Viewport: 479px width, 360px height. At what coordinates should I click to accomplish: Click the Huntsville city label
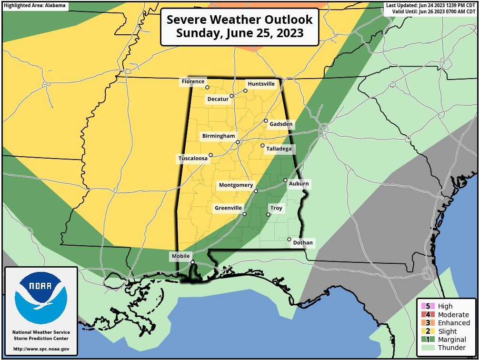pyautogui.click(x=261, y=84)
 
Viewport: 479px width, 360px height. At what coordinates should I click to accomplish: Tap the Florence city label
pyautogui.click(x=192, y=82)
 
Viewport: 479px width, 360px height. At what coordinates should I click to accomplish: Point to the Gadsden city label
pyautogui.click(x=281, y=125)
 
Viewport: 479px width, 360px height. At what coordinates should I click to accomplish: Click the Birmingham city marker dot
pyautogui.click(x=238, y=142)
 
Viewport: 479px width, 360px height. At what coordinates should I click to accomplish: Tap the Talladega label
pyautogui.click(x=279, y=149)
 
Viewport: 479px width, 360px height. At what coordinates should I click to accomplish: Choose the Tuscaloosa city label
pyautogui.click(x=193, y=159)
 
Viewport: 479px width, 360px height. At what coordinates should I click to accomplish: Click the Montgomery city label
pyautogui.click(x=236, y=185)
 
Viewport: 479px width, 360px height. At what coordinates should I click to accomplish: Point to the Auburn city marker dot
pyautogui.click(x=286, y=180)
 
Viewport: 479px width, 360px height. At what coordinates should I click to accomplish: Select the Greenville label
pyautogui.click(x=228, y=209)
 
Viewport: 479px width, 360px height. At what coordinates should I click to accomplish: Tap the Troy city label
pyautogui.click(x=276, y=209)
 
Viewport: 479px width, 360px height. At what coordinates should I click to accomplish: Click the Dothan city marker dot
pyautogui.click(x=289, y=239)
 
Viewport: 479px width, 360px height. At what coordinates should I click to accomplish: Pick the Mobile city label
pyautogui.click(x=180, y=257)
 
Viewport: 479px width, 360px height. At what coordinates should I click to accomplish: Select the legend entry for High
pyautogui.click(x=445, y=306)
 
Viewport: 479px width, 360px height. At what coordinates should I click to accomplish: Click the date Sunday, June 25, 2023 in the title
pyautogui.click(x=239, y=34)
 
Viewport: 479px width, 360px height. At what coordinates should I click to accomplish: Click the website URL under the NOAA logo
pyautogui.click(x=41, y=349)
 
